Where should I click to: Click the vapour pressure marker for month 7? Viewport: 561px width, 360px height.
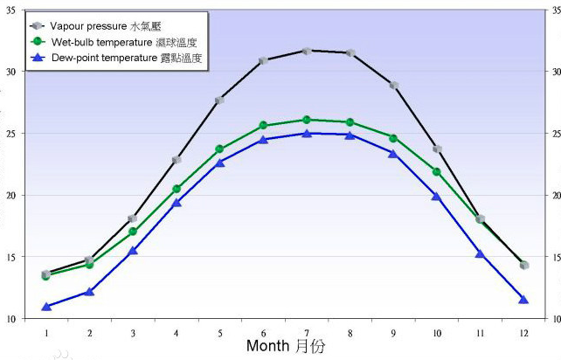click(307, 51)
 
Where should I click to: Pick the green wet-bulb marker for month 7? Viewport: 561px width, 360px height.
click(307, 120)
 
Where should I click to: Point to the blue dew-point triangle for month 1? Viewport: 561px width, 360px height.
click(46, 307)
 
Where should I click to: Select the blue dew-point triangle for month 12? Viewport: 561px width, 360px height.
click(523, 300)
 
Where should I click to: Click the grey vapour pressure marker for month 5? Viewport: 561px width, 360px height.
click(219, 100)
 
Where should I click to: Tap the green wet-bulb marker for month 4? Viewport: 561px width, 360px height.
click(177, 189)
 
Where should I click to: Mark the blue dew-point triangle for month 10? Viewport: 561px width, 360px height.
click(436, 197)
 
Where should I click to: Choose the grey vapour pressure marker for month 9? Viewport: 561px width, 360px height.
click(393, 86)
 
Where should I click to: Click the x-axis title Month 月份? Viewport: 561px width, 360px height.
click(286, 346)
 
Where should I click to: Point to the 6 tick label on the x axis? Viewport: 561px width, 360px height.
click(263, 333)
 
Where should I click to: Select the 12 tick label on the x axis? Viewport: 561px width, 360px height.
click(523, 333)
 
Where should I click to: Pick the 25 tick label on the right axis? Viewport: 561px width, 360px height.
click(551, 134)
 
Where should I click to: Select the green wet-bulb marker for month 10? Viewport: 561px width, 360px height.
click(436, 172)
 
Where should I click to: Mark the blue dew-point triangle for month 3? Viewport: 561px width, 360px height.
click(133, 251)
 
